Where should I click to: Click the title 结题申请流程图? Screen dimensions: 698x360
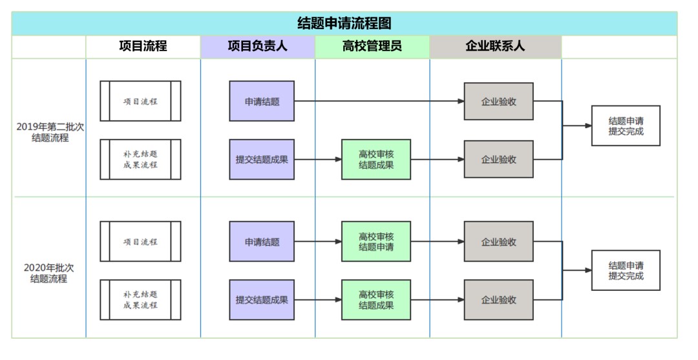[x=344, y=23]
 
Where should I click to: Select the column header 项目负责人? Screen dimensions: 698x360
[x=258, y=46]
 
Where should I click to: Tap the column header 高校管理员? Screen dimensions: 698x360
[x=372, y=46]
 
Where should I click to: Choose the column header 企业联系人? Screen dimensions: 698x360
[x=496, y=46]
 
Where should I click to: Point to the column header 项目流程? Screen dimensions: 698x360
[x=143, y=46]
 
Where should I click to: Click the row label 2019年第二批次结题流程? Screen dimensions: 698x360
[x=50, y=132]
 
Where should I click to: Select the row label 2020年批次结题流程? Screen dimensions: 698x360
[x=49, y=273]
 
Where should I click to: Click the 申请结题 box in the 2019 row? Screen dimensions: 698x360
[x=262, y=101]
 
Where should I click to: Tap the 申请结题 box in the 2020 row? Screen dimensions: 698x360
[x=262, y=242]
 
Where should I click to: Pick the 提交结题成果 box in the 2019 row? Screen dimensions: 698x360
[x=262, y=159]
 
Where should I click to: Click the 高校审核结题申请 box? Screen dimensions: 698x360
[x=376, y=242]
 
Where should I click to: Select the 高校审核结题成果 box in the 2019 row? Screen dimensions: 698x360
[x=376, y=159]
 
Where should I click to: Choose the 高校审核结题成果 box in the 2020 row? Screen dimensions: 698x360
[x=376, y=300]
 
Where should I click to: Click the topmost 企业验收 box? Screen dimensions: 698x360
[x=498, y=101]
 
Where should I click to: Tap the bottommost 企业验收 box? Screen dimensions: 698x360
[x=498, y=300]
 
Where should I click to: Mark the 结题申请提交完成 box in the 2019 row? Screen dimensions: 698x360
[x=626, y=125]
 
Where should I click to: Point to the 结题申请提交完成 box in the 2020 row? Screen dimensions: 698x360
[x=626, y=271]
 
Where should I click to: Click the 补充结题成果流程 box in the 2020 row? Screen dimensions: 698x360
[x=141, y=300]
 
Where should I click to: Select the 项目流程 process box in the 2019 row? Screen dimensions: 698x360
[x=141, y=101]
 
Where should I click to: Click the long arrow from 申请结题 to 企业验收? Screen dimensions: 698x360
[x=379, y=101]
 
